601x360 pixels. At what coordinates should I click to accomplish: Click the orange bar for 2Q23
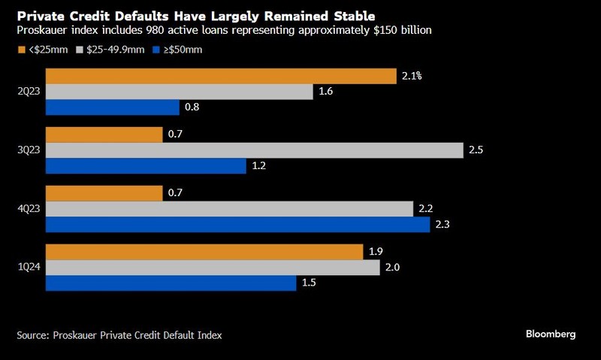pyautogui.click(x=221, y=76)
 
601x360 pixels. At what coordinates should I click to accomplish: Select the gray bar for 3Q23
pyautogui.click(x=255, y=150)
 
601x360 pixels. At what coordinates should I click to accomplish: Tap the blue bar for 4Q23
pyautogui.click(x=238, y=224)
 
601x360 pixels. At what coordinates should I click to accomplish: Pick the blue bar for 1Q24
pyautogui.click(x=171, y=283)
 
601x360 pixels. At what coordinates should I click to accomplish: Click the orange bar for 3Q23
pyautogui.click(x=104, y=135)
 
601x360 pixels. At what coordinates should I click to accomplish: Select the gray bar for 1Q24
pyautogui.click(x=213, y=267)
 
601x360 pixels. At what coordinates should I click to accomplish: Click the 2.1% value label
pyautogui.click(x=412, y=75)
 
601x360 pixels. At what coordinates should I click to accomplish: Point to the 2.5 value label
pyautogui.click(x=475, y=150)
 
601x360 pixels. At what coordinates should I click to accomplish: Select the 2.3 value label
pyautogui.click(x=442, y=224)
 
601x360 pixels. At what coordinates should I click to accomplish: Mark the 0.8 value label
pyautogui.click(x=192, y=107)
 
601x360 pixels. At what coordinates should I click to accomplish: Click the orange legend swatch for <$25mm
pyautogui.click(x=21, y=50)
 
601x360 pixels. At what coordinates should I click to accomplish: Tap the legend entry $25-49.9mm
pyautogui.click(x=110, y=50)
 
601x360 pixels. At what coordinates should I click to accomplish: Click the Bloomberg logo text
pyautogui.click(x=550, y=334)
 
